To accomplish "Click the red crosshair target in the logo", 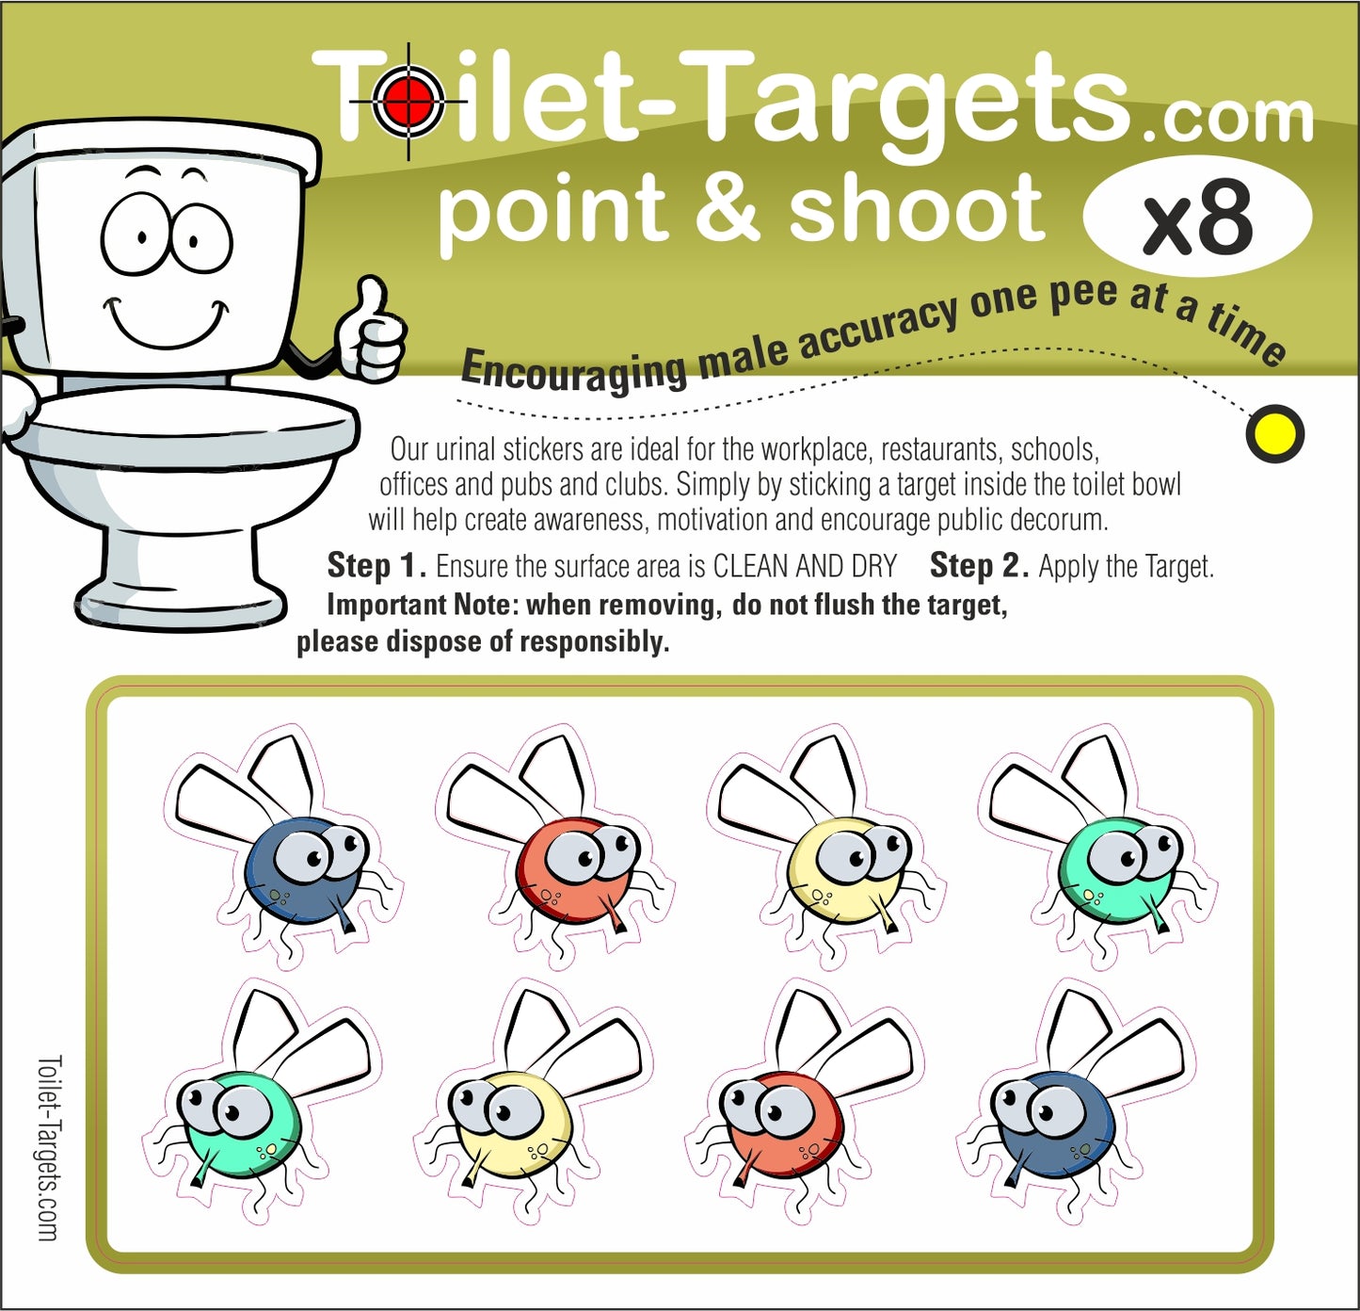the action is [x=408, y=102].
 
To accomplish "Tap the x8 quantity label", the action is [x=1197, y=216].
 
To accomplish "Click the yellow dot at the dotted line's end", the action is [x=1274, y=433].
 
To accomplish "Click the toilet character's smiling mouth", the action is [x=167, y=323].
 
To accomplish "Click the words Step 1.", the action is [x=376, y=565].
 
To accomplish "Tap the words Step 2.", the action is [x=979, y=565].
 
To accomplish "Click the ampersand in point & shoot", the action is [x=727, y=207].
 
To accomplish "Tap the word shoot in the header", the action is [x=917, y=205].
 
